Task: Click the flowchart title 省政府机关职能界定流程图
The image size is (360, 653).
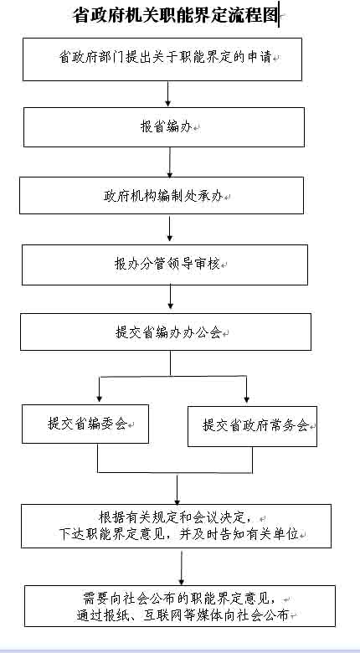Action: tap(175, 16)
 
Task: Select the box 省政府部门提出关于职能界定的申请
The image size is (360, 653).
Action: tap(162, 59)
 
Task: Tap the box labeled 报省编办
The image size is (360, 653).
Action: tap(164, 127)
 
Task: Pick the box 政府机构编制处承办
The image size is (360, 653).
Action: tap(162, 195)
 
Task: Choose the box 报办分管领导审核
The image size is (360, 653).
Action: tap(165, 265)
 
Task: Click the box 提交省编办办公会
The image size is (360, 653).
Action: tap(166, 332)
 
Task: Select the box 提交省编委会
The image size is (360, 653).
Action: tap(85, 424)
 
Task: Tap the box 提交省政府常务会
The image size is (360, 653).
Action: tap(252, 426)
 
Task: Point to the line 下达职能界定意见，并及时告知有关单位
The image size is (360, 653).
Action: tap(179, 534)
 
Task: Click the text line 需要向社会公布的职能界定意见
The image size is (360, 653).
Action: tap(179, 599)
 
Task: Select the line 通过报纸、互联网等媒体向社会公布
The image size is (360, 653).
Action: tap(183, 614)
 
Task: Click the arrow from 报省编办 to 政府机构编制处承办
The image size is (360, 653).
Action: tap(170, 162)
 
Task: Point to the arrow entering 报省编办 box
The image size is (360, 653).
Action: tap(168, 94)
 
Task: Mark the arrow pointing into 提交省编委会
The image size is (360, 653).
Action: tap(99, 390)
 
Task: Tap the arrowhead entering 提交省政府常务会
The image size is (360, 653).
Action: tap(246, 399)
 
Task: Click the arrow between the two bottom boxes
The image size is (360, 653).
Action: tap(181, 568)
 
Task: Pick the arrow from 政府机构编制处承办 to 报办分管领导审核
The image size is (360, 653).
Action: tap(170, 229)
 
